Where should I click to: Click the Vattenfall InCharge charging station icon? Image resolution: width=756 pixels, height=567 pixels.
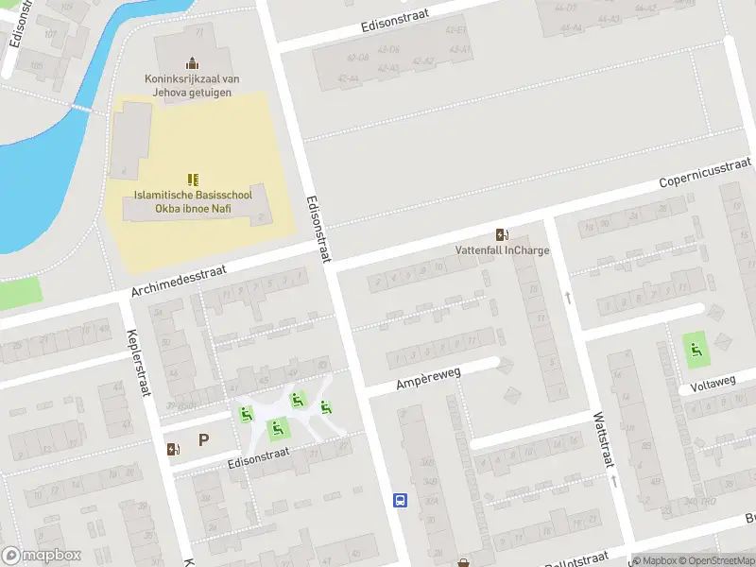pos(501,234)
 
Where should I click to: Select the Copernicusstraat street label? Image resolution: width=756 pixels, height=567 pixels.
pos(704,171)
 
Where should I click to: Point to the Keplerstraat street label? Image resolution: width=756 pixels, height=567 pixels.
pos(138,363)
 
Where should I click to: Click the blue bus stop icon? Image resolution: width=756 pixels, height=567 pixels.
pos(400,500)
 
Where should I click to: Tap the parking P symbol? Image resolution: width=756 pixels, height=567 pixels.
pos(203,439)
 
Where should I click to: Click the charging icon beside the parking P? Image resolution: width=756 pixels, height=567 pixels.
pos(172,449)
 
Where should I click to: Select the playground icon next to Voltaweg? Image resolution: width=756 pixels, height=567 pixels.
pos(696,350)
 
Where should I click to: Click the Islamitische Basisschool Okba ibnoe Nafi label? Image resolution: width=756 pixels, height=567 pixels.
pos(192,199)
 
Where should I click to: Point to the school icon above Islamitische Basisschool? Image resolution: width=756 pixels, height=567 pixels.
pos(193,179)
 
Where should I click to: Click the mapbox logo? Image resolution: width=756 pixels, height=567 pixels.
pos(42,556)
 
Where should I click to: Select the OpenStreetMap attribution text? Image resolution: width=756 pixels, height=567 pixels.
pos(718,560)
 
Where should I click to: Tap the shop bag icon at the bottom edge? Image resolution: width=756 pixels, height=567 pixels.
pos(463,563)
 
